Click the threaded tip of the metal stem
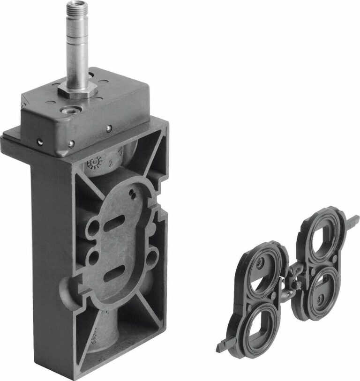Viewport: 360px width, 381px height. [x=75, y=9]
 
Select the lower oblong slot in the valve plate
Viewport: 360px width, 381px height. [x=112, y=274]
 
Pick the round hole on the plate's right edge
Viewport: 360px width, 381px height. [x=152, y=256]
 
